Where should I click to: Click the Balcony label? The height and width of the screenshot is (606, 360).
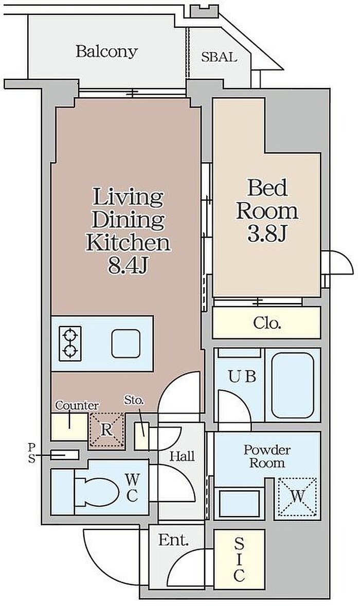[106, 52]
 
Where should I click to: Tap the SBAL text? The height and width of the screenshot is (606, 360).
[219, 57]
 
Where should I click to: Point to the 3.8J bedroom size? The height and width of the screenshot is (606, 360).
[267, 233]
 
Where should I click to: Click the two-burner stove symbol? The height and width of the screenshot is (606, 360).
[70, 344]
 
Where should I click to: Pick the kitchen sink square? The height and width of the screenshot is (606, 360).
[126, 344]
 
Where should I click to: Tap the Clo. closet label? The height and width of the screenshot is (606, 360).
[267, 323]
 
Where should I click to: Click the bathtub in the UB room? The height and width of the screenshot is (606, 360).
[293, 385]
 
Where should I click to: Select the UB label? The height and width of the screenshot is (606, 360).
[242, 377]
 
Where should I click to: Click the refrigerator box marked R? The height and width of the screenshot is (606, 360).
[106, 431]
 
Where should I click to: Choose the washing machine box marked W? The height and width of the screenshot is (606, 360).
[297, 497]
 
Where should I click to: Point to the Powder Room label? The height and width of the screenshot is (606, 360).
[267, 456]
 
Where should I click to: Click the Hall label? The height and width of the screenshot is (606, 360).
[182, 456]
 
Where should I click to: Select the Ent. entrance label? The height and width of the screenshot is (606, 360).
[173, 540]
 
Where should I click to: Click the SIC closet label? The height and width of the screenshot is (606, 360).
[239, 560]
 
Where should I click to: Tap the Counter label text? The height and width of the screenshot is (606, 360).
[77, 406]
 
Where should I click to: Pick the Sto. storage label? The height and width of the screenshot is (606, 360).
[134, 400]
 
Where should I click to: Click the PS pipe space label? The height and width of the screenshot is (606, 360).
[31, 453]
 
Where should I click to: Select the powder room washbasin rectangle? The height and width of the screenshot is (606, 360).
[239, 503]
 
